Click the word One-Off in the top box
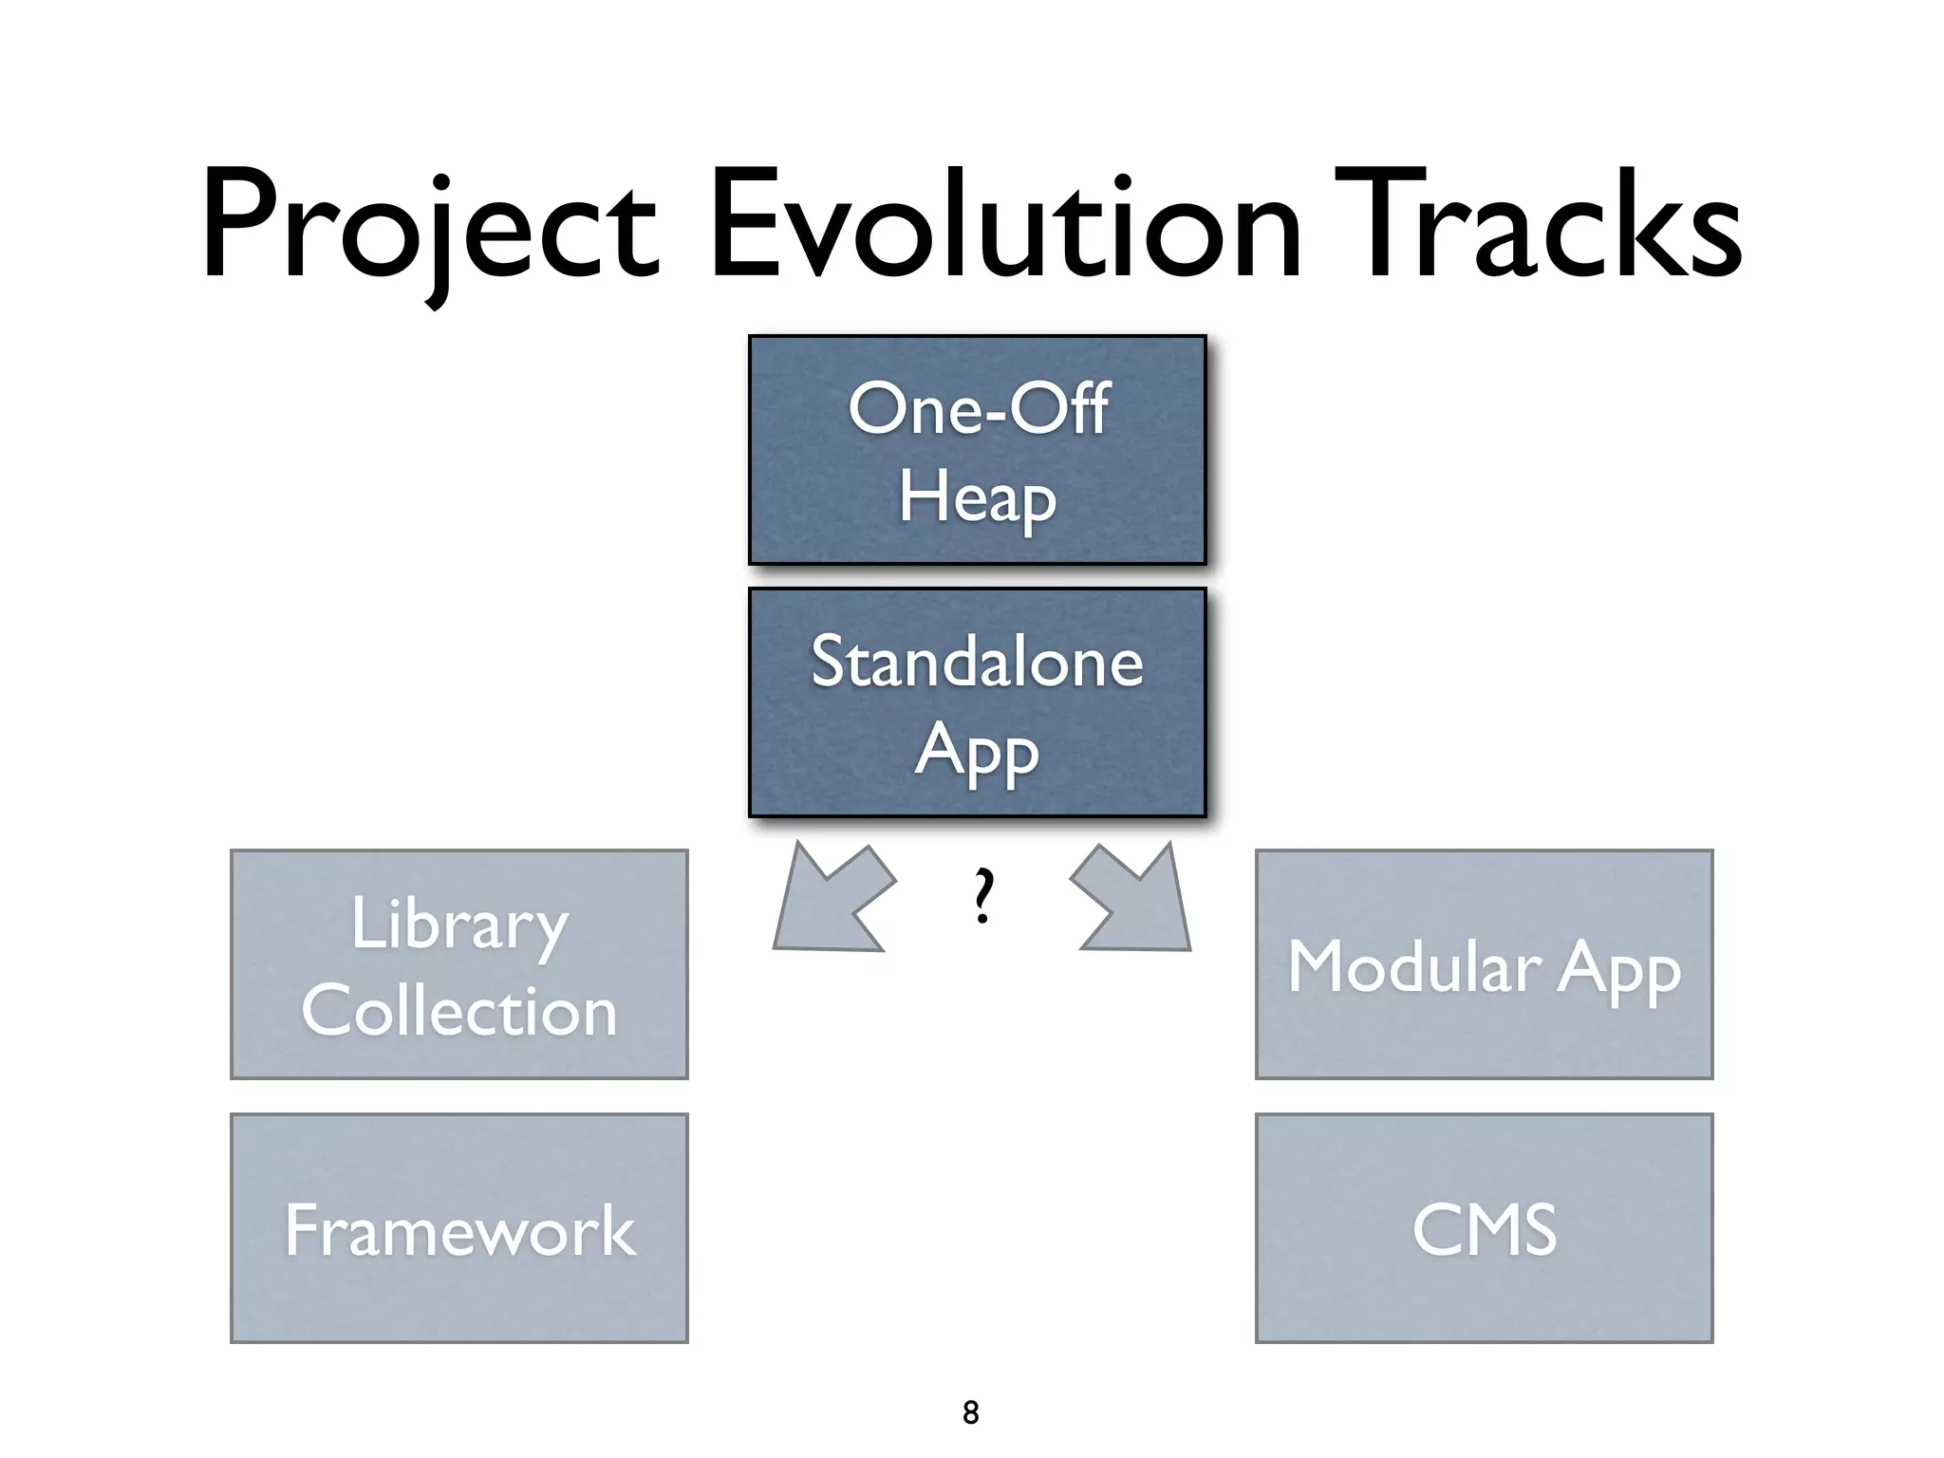978,409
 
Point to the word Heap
977,497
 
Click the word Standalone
977,663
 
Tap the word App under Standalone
977,752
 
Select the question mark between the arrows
984,897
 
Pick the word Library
459,925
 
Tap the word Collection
459,1011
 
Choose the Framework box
459,1228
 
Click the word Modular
1414,967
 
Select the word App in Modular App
1619,970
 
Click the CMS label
1484,1230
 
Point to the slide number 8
970,1412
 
